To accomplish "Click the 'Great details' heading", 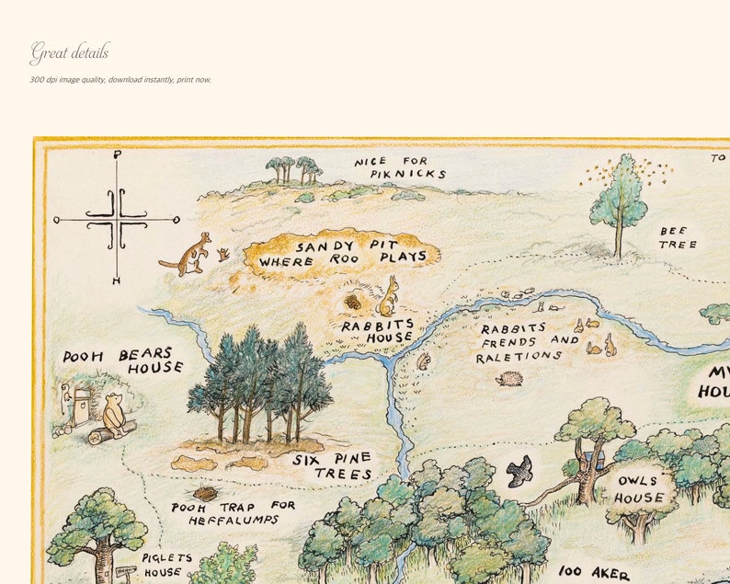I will (x=69, y=52).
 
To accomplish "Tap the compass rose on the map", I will (x=117, y=219).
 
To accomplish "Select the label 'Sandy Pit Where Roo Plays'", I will (x=342, y=253).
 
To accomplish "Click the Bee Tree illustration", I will (x=619, y=203).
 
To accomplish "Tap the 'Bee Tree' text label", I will (x=678, y=238).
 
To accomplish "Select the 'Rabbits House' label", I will (x=377, y=331).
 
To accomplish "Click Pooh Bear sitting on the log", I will (x=115, y=415).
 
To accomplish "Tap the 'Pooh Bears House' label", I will (x=123, y=361).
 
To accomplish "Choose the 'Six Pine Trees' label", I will (x=333, y=466).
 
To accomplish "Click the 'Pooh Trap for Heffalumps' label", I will (x=234, y=512).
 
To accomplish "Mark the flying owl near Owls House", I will (x=519, y=471).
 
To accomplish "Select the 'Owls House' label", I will (x=640, y=489).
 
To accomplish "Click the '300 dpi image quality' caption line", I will (x=120, y=80).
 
